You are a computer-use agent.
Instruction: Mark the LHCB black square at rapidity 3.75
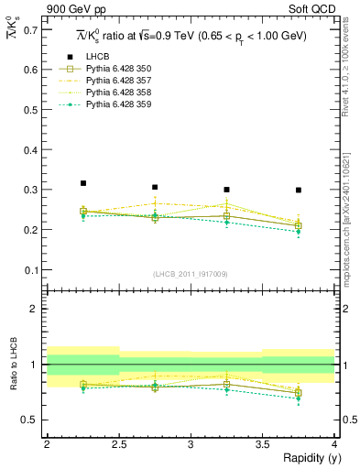tap(299, 191)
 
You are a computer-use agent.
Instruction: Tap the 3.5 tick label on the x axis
tap(263, 443)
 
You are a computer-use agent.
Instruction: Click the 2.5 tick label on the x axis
tap(119, 443)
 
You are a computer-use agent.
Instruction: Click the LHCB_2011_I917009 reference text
tap(191, 273)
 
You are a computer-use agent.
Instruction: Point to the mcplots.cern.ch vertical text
tap(352, 211)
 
